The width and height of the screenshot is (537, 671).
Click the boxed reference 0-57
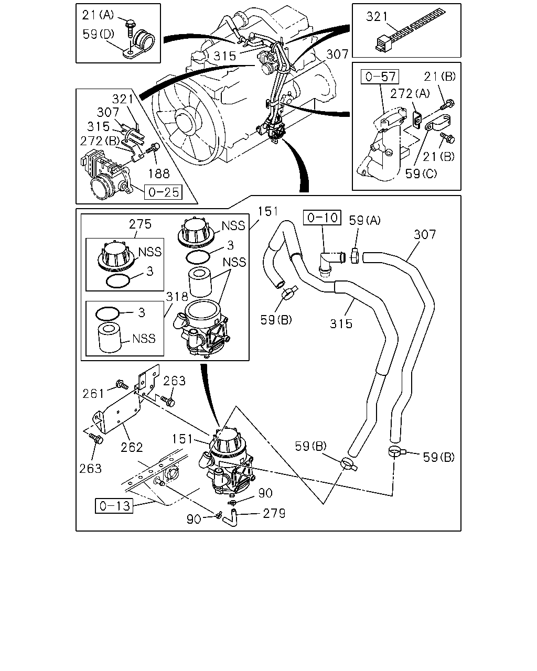pyautogui.click(x=380, y=77)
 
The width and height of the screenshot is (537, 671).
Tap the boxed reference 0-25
pyautogui.click(x=163, y=192)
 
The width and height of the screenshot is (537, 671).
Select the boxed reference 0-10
pyautogui.click(x=323, y=218)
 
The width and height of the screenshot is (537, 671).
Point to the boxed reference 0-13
pyautogui.click(x=114, y=506)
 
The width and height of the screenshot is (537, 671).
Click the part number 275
pyautogui.click(x=140, y=224)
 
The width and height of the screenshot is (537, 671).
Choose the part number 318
pyautogui.click(x=177, y=297)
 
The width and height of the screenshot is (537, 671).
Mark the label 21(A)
pyautogui.click(x=98, y=15)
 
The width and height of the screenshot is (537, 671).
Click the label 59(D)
pyautogui.click(x=98, y=34)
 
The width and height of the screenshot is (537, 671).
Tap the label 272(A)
pyautogui.click(x=410, y=93)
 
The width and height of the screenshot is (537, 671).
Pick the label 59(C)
pyautogui.click(x=421, y=174)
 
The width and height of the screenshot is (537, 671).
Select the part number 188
pyautogui.click(x=159, y=174)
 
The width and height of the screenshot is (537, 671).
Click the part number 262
pyautogui.click(x=132, y=448)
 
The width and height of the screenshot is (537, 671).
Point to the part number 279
pyautogui.click(x=274, y=513)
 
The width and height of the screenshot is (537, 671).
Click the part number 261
pyautogui.click(x=93, y=394)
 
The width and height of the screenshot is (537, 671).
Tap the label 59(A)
pyautogui.click(x=365, y=221)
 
